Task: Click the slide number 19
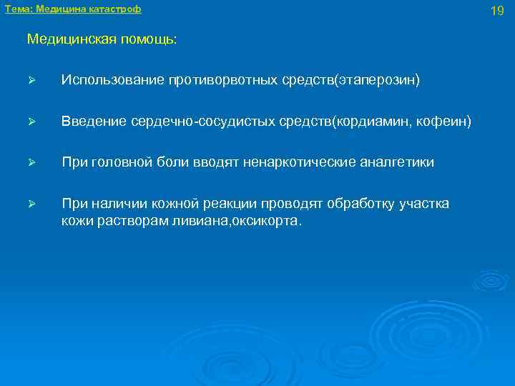pyautogui.click(x=497, y=10)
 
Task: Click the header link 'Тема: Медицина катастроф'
pyautogui.click(x=73, y=9)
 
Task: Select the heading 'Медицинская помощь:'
pyautogui.click(x=102, y=39)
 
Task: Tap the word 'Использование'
pyautogui.click(x=112, y=81)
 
